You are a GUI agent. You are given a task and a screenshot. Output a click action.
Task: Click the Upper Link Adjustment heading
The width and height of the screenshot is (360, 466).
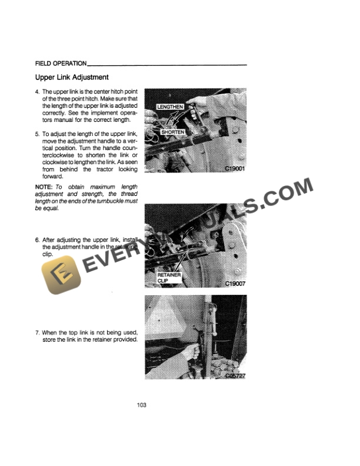pos(71,77)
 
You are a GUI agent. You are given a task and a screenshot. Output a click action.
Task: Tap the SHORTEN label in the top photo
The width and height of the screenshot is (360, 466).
pos(173,132)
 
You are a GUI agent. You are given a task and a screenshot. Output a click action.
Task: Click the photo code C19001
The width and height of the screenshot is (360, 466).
pos(234,168)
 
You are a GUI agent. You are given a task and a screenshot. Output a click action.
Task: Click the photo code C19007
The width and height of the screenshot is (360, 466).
pos(234,283)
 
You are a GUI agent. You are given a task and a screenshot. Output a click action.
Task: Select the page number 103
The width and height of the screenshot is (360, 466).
pos(141,405)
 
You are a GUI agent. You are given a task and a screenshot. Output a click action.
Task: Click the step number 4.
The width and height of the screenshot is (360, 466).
pos(37,93)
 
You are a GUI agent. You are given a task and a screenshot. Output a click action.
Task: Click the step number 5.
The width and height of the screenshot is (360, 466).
pos(37,134)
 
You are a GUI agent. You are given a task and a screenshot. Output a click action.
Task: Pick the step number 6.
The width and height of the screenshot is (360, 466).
pos(37,240)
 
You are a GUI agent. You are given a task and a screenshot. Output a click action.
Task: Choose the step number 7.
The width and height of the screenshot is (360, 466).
pos(37,333)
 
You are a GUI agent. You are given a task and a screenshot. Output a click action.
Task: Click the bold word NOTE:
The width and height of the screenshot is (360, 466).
pos(45,187)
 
